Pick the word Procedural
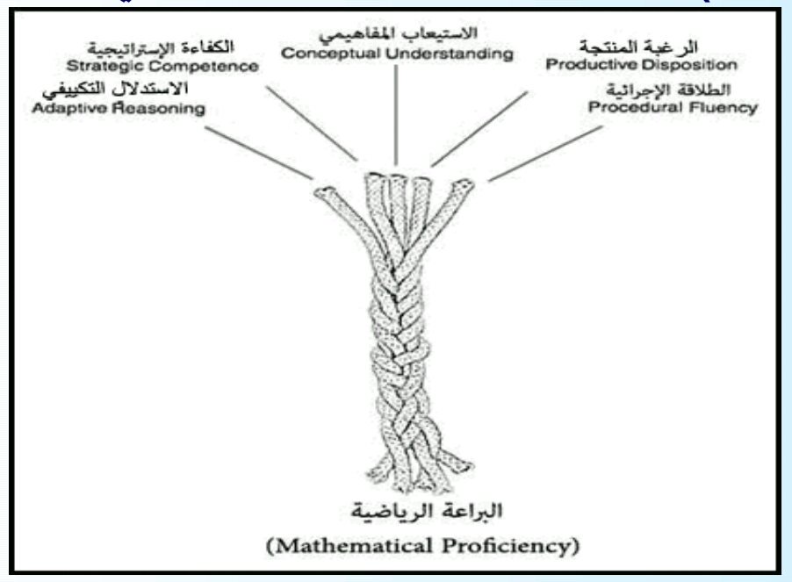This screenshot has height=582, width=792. pyautogui.click(x=626, y=109)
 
